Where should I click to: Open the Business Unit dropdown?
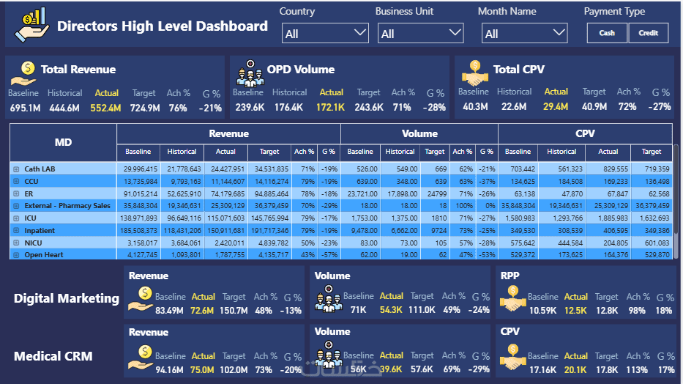pyautogui.click(x=421, y=34)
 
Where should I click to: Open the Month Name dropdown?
pyautogui.click(x=524, y=34)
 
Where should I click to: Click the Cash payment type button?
pyautogui.click(x=607, y=33)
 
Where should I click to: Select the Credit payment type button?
pyautogui.click(x=649, y=33)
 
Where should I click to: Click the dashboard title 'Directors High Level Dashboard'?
pyautogui.click(x=163, y=26)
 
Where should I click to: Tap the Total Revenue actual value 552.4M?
pyautogui.click(x=105, y=108)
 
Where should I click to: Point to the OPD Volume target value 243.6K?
pyautogui.click(x=368, y=108)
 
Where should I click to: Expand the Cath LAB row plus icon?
pyautogui.click(x=16, y=169)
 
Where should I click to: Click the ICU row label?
pyautogui.click(x=31, y=218)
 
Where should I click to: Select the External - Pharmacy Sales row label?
pyautogui.click(x=67, y=206)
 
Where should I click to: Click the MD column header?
pyautogui.click(x=63, y=142)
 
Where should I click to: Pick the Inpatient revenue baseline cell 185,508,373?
pyautogui.click(x=138, y=231)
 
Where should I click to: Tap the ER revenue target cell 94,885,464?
pyautogui.click(x=269, y=193)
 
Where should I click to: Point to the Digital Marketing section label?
pyautogui.click(x=66, y=298)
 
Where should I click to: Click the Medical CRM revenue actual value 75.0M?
pyautogui.click(x=202, y=370)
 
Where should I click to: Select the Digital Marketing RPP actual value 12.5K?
pyautogui.click(x=575, y=311)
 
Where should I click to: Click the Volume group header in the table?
pyautogui.click(x=419, y=133)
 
